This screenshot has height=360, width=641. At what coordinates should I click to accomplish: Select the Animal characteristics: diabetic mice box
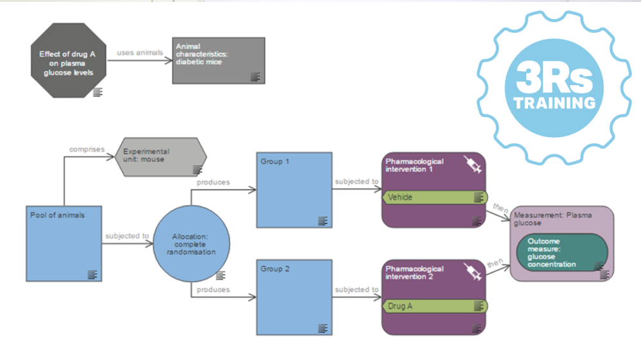pyautogui.click(x=218, y=60)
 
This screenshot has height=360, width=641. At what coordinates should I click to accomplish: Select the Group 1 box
pyautogui.click(x=294, y=190)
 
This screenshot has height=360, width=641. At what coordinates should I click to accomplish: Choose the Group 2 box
pyautogui.click(x=294, y=297)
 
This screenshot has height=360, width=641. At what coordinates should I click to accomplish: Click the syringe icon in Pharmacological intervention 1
pyautogui.click(x=472, y=166)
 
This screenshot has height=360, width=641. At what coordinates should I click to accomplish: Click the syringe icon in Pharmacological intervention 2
pyautogui.click(x=472, y=273)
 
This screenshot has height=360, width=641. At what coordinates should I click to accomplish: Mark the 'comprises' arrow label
pyautogui.click(x=87, y=149)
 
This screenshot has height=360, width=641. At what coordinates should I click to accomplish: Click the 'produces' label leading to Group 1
pyautogui.click(x=213, y=183)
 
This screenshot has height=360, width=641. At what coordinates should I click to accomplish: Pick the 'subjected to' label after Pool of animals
pyautogui.click(x=127, y=236)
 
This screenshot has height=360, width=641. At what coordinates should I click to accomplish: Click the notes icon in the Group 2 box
pyautogui.click(x=322, y=328)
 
